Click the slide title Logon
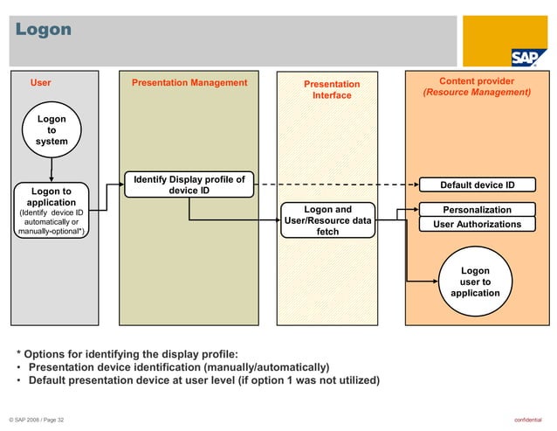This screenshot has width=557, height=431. [44, 31]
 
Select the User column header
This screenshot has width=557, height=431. [41, 83]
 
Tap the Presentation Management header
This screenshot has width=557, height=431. [189, 83]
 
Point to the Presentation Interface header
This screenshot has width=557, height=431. [332, 89]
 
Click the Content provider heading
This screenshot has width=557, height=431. [477, 80]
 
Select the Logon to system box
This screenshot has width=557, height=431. [52, 129]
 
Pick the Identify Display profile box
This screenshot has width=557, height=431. [189, 185]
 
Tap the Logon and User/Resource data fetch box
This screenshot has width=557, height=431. [328, 220]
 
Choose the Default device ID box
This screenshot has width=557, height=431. [477, 185]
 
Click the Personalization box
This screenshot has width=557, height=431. [477, 210]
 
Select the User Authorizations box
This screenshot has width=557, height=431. [477, 225]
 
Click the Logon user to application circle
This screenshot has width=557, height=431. [475, 282]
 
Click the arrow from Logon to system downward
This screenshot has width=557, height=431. [52, 166]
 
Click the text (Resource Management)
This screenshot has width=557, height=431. [477, 92]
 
